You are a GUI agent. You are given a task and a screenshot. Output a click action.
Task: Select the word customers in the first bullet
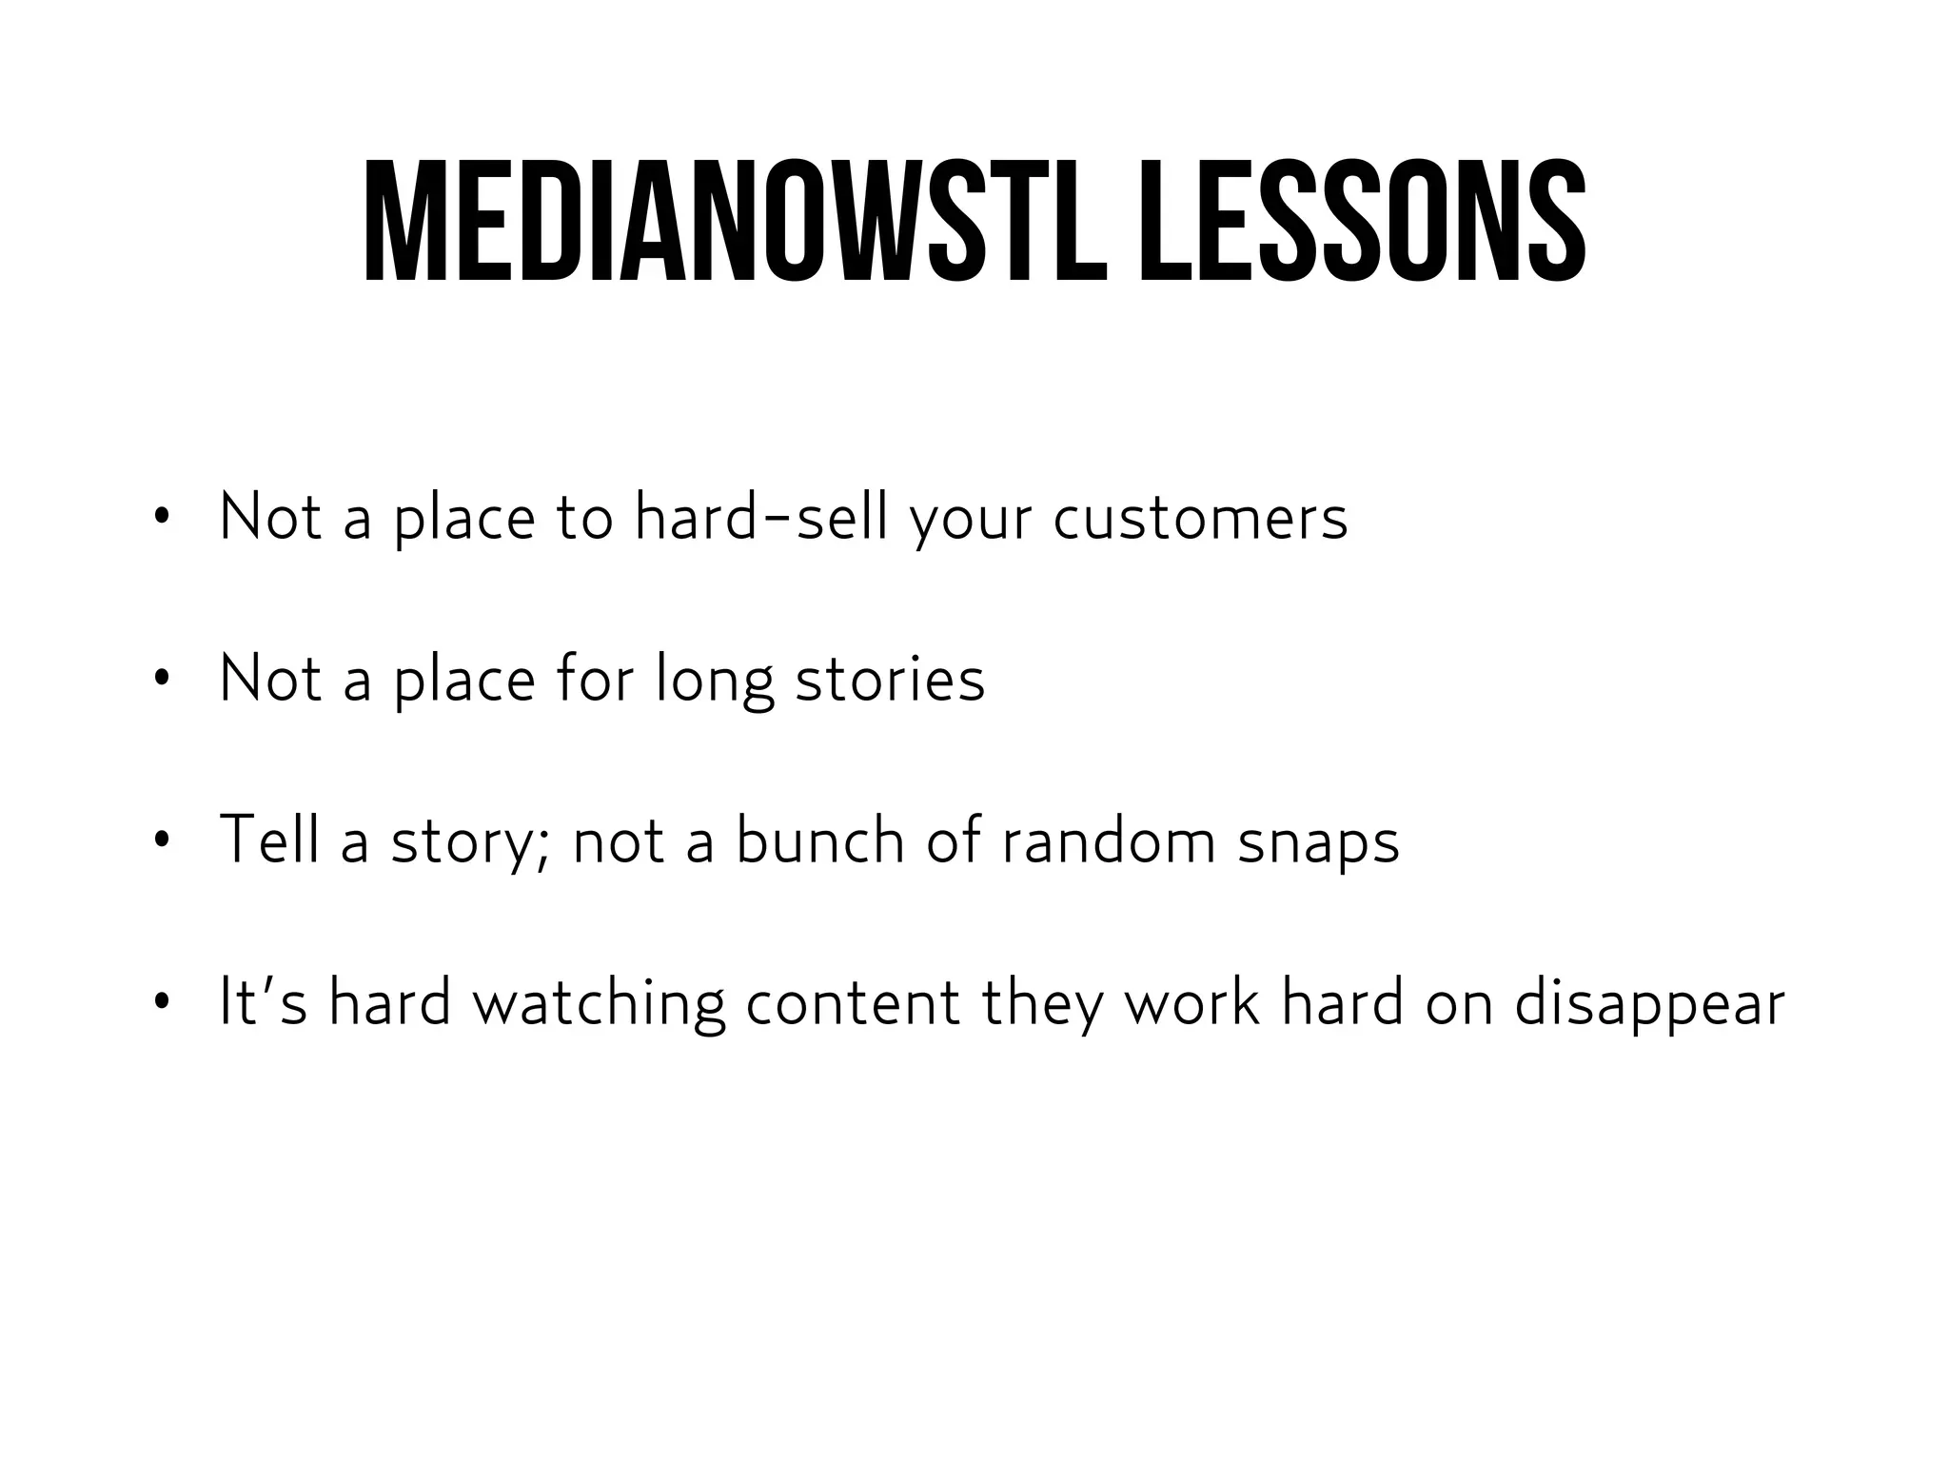click(x=1200, y=520)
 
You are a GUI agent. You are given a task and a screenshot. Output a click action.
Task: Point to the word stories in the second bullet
click(x=889, y=680)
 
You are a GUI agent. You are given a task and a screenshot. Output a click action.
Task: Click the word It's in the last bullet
click(x=263, y=1001)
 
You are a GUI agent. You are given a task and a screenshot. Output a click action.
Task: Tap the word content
click(x=852, y=1003)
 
